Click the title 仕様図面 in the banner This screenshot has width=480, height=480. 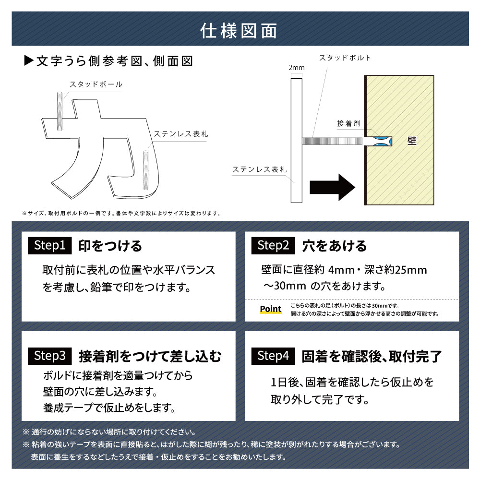click(240, 30)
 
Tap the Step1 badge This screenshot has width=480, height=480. click(49, 246)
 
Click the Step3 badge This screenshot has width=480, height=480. click(49, 356)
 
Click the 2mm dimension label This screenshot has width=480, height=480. click(296, 68)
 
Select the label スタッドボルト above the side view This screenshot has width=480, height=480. click(345, 58)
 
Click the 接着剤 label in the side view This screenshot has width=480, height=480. click(348, 123)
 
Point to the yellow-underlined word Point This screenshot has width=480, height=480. click(270, 309)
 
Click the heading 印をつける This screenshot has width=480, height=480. click(110, 246)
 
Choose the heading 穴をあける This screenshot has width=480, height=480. click(334, 246)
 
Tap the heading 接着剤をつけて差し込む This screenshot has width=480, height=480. click(150, 357)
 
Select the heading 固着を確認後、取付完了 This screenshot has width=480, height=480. click(372, 357)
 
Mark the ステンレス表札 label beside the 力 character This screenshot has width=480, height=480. click(180, 134)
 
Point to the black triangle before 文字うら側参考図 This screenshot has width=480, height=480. click(28, 61)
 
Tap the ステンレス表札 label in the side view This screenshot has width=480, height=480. click(259, 169)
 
